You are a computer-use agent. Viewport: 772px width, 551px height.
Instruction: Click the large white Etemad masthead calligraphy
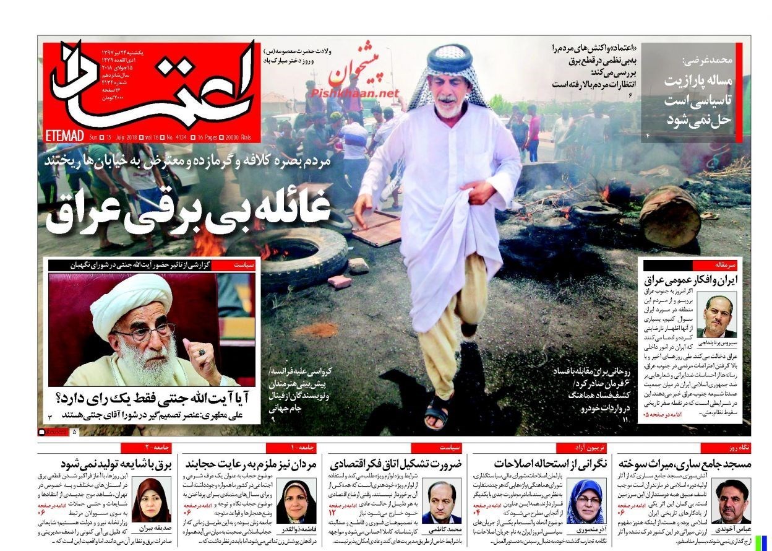(155, 87)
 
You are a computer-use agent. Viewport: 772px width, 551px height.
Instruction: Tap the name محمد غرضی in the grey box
(708, 61)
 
